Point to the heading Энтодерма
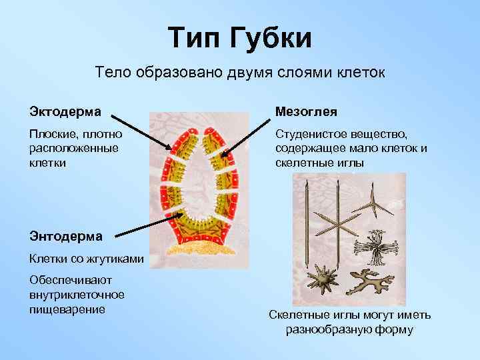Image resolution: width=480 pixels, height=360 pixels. point(65,235)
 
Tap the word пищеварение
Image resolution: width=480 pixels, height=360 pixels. point(68,309)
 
